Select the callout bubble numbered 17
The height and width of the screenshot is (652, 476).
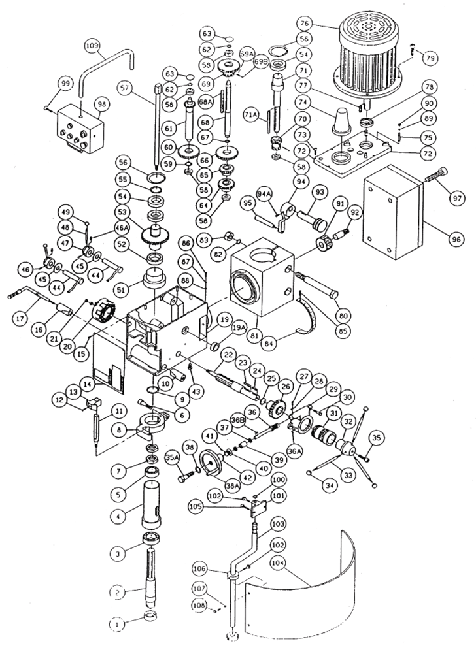pos(20,319)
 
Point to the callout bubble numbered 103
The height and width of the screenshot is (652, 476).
pos(279,523)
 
